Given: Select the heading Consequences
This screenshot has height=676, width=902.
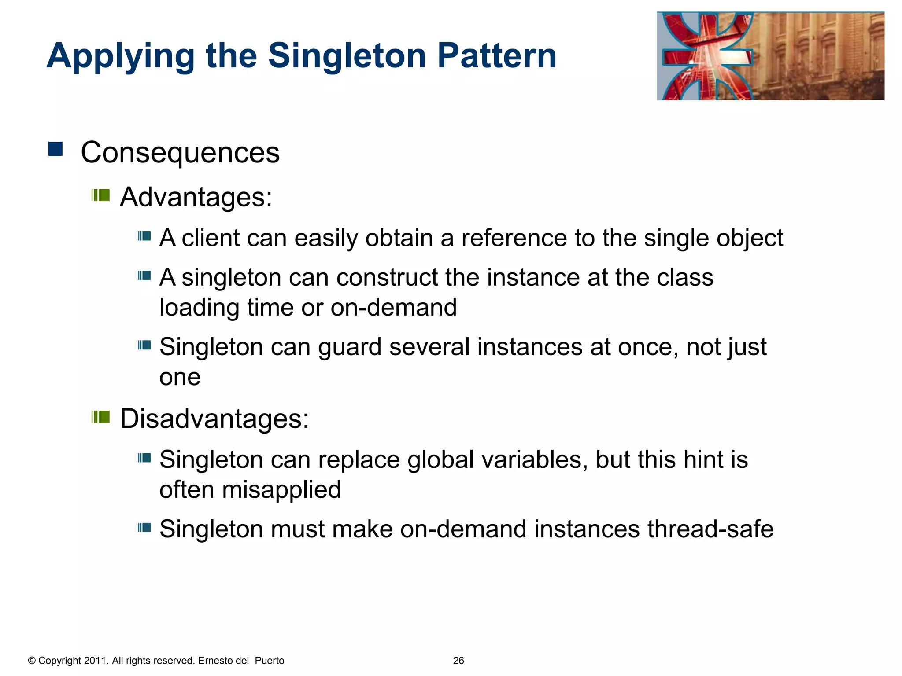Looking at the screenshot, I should (180, 153).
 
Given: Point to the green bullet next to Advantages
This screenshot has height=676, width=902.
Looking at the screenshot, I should (100, 195).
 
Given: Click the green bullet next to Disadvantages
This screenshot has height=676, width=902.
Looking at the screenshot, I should (100, 416).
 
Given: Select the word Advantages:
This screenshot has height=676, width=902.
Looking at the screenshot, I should (196, 197).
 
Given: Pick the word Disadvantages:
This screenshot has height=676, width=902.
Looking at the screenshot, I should (214, 418).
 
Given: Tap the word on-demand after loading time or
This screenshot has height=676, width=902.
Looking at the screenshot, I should (393, 307).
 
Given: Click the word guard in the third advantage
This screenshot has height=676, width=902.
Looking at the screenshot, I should (350, 347).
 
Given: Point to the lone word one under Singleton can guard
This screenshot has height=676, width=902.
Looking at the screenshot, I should (180, 378).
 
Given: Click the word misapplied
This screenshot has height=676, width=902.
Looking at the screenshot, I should (281, 490).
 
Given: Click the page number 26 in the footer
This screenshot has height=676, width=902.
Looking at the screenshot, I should (458, 661).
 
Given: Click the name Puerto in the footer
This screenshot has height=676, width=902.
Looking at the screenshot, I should (270, 661).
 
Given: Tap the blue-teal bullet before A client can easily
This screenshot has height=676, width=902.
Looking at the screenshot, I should (144, 237).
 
